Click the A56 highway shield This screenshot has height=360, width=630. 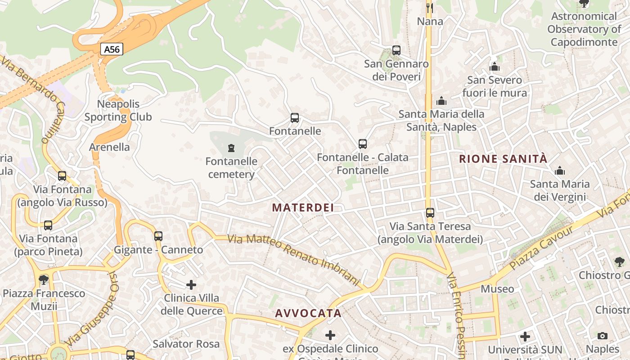[112, 49]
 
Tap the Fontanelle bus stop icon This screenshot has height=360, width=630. [295, 118]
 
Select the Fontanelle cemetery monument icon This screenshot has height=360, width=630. [231, 148]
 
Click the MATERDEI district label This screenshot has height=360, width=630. [303, 207]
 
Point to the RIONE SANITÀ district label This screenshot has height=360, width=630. [503, 159]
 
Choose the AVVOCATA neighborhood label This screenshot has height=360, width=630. [308, 313]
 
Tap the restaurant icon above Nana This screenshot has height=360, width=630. [429, 8]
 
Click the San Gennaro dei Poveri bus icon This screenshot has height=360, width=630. [396, 50]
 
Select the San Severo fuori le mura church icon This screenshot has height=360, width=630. [495, 67]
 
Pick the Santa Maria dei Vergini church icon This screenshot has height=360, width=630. [560, 171]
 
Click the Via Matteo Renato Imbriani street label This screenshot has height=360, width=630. [294, 260]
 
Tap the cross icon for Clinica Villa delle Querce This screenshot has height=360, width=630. [191, 285]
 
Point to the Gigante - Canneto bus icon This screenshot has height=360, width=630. [158, 236]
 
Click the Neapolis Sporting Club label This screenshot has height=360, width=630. [118, 111]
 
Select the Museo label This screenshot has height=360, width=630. [497, 289]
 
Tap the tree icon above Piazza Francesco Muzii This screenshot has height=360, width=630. [44, 280]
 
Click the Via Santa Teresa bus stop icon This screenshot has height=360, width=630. [430, 213]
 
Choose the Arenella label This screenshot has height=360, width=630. [109, 147]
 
